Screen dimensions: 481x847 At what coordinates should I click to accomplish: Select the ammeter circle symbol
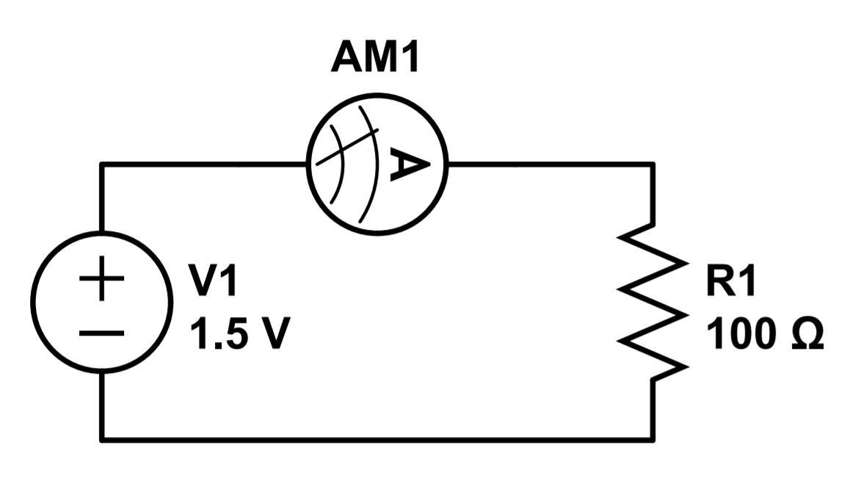(x=376, y=163)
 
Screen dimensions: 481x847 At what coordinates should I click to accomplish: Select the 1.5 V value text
(x=236, y=334)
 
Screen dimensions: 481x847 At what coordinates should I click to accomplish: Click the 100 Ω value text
(x=764, y=334)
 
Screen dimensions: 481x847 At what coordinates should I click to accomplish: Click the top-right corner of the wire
(x=652, y=164)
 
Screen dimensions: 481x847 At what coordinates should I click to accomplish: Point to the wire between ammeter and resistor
(x=550, y=164)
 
